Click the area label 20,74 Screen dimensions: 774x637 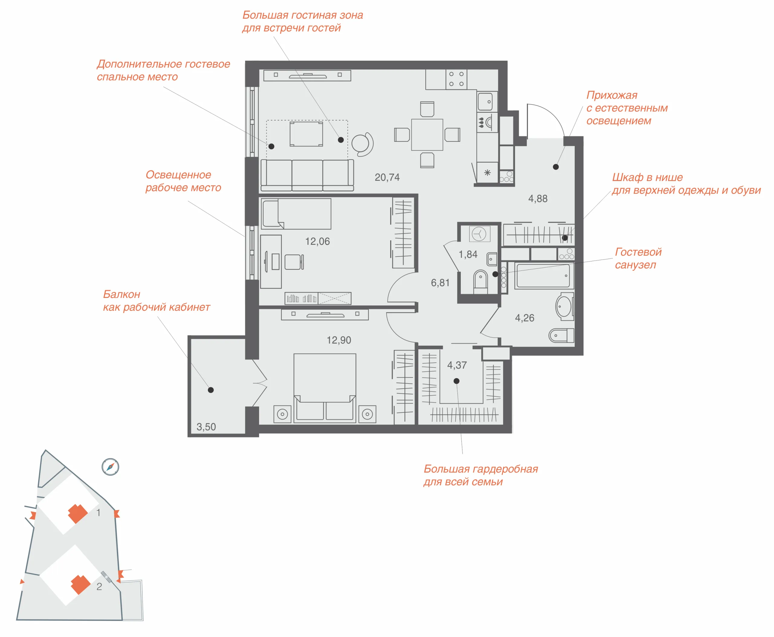pos(387,178)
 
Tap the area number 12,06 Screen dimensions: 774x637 pos(317,241)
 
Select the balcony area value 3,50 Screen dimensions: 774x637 pos(206,427)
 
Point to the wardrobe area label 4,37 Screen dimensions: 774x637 pos(457,365)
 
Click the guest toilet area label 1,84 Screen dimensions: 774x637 pos(468,254)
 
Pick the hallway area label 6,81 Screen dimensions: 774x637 pos(440,283)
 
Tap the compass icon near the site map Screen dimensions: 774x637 pos(110,467)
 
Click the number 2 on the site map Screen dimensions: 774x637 pos(99,586)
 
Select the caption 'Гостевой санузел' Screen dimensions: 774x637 pos(638,258)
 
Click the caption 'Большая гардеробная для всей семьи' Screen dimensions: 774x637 pos(481,475)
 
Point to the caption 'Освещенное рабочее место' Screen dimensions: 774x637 pos(183,181)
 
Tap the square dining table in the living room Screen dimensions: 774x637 pos(427,135)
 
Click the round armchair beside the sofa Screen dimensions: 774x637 pos(362,144)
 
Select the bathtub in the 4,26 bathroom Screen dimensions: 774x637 pos(543,276)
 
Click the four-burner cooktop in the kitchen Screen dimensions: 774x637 pos(457,79)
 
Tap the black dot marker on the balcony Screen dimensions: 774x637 pos(211,390)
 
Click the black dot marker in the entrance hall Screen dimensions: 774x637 pos(556,167)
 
